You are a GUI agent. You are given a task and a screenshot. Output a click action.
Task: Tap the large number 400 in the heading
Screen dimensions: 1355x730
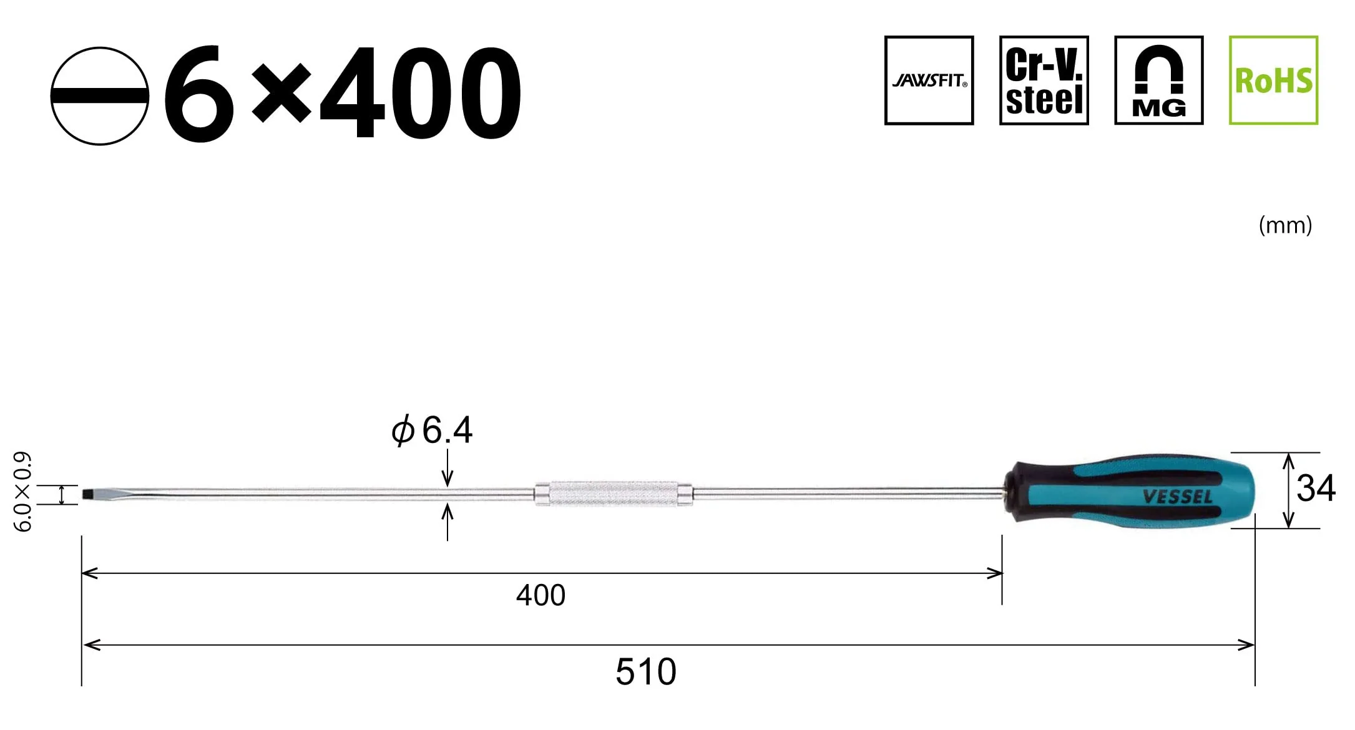click(x=421, y=92)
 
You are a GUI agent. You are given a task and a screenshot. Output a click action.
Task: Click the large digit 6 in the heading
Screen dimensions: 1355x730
click(x=198, y=92)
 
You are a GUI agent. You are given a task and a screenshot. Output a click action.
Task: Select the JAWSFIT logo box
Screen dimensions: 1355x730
click(x=929, y=80)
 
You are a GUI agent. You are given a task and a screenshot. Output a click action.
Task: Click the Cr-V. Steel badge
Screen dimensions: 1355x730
click(x=1044, y=80)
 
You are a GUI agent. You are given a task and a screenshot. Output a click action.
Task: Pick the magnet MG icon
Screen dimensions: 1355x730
click(x=1158, y=80)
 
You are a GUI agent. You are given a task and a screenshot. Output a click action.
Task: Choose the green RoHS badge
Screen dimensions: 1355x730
click(x=1273, y=80)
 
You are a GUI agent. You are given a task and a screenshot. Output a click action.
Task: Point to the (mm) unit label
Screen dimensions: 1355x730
click(x=1285, y=225)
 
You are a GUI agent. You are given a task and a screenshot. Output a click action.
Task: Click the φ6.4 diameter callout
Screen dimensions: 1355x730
click(x=432, y=430)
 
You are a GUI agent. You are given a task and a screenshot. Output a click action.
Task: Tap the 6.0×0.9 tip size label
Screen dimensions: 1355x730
click(x=22, y=492)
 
